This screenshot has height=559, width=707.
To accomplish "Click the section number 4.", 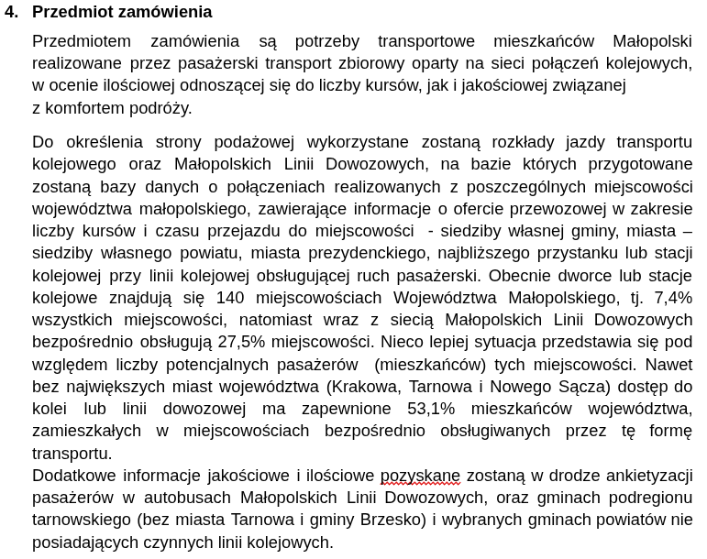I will [11, 12].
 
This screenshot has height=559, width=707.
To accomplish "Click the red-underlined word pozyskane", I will [420, 475].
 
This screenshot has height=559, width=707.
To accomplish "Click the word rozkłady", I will [519, 141].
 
